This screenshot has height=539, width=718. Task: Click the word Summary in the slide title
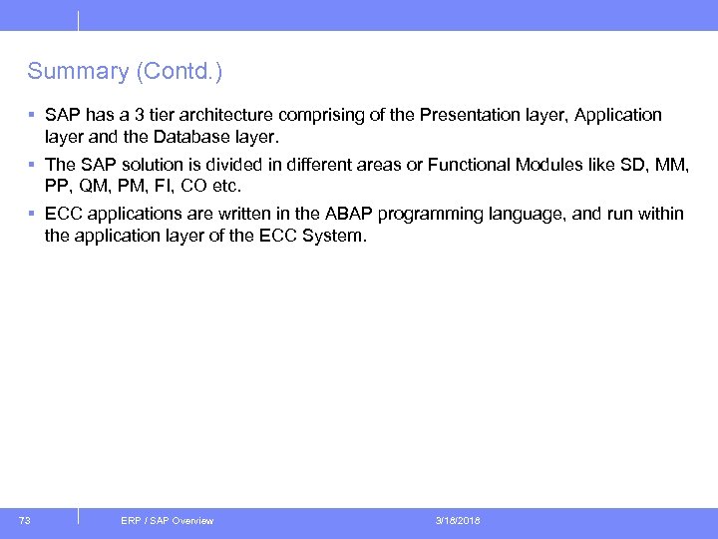tap(64, 72)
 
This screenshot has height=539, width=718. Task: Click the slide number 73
tap(25, 520)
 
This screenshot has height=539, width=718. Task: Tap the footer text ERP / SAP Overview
tap(167, 521)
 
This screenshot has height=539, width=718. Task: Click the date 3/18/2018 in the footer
tap(458, 521)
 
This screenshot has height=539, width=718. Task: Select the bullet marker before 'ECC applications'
tap(32, 214)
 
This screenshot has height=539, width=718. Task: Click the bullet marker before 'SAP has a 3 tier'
tap(32, 115)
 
